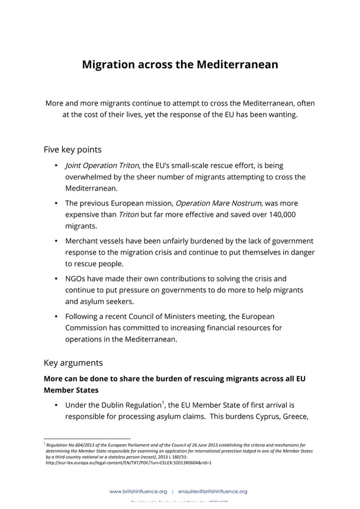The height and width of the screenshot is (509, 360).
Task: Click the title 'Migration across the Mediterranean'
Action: (180, 64)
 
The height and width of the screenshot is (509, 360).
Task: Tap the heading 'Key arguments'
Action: (73, 362)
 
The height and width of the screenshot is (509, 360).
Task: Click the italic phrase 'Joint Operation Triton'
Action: (102, 165)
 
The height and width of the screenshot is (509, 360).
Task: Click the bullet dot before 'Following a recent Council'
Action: (57, 316)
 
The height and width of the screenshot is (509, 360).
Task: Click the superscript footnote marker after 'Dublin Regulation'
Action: (164, 402)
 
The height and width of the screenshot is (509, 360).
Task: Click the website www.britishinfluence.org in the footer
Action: (138, 492)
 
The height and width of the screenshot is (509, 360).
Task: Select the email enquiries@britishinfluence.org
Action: (213, 492)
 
